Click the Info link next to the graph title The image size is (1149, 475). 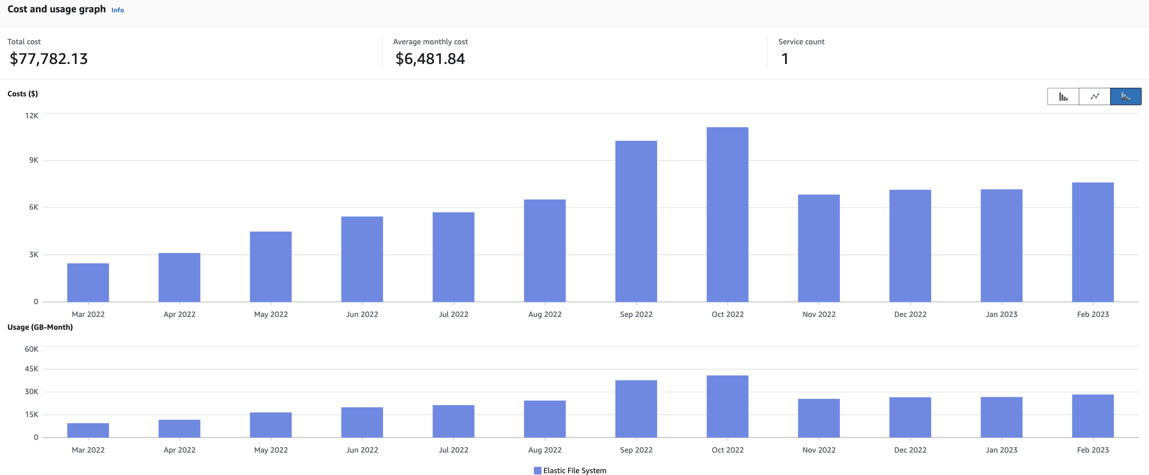117,10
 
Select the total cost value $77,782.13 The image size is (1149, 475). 49,59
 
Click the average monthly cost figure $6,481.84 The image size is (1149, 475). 430,59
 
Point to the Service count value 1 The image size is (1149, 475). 785,59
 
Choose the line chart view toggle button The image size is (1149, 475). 1095,96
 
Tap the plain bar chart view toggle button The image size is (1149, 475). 1063,96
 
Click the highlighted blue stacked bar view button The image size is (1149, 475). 1126,96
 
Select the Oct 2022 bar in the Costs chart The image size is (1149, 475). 727,215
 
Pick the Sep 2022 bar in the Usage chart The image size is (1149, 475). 636,409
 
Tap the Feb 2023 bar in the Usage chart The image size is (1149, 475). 1093,416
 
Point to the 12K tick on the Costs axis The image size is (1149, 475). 32,116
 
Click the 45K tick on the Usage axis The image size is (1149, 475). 32,369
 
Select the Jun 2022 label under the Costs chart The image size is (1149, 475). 362,314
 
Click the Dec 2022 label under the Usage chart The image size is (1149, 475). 910,450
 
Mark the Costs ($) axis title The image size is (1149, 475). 23,94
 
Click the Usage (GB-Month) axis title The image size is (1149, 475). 40,327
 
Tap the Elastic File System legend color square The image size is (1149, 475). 538,470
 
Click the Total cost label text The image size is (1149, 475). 24,42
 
